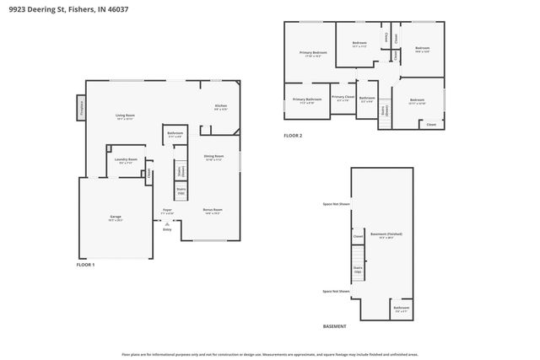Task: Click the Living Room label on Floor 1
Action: [x=125, y=116]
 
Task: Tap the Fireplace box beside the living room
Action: [x=81, y=107]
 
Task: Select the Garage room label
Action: [x=115, y=218]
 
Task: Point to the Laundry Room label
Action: [x=125, y=161]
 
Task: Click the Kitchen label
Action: [x=220, y=107]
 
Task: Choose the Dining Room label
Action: [x=213, y=157]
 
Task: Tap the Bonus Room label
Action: [x=212, y=211]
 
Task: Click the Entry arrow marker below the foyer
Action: [x=167, y=225]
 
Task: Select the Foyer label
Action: [x=168, y=211]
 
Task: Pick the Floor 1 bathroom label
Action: [x=175, y=134]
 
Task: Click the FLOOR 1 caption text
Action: [x=86, y=265]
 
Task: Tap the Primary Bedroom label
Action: [x=313, y=53]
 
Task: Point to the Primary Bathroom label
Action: [x=307, y=101]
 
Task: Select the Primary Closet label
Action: [x=343, y=98]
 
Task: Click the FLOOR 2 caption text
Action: [x=292, y=136]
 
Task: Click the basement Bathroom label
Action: [x=401, y=308]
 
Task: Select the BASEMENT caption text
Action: [x=335, y=326]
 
